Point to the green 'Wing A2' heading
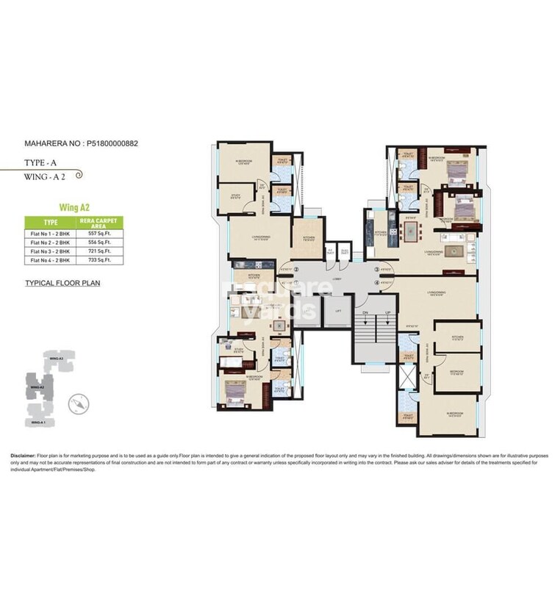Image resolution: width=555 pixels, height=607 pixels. (74, 208)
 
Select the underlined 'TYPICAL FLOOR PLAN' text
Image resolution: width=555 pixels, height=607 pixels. (62, 282)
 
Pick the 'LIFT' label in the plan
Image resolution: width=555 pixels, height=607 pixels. (337, 312)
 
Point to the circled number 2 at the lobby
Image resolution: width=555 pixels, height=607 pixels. (296, 270)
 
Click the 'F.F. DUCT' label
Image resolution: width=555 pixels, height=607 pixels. (330, 251)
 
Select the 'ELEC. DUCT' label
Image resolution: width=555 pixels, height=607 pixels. (342, 251)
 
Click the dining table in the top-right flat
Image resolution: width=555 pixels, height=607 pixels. (392, 232)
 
